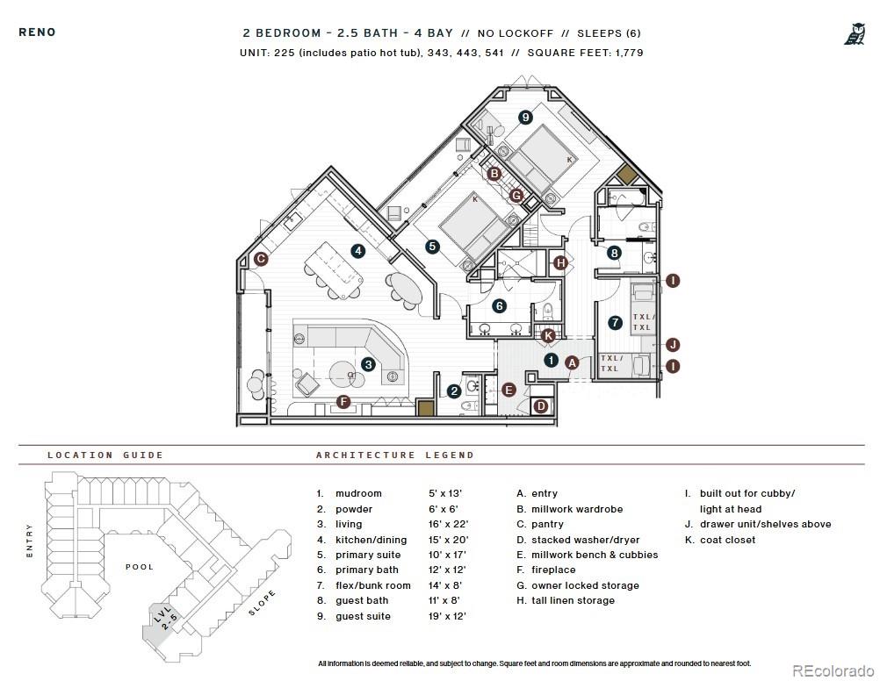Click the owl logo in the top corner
[853, 34]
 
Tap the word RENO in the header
[37, 32]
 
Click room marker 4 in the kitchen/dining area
[357, 251]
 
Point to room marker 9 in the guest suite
[525, 117]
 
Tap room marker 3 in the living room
[368, 364]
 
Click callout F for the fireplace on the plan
[343, 403]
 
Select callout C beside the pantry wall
[261, 259]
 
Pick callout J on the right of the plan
[673, 344]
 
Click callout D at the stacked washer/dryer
[541, 405]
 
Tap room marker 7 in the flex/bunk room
[615, 323]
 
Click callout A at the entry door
[571, 362]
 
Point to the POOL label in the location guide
[140, 567]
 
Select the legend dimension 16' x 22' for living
[447, 524]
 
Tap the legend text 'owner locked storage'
[585, 585]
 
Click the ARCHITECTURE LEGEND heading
[394, 455]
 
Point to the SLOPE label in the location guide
[262, 603]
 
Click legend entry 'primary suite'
[368, 555]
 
